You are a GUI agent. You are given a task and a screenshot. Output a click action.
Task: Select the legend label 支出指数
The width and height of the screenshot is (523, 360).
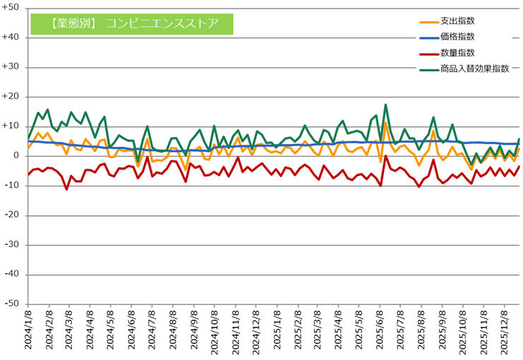454,21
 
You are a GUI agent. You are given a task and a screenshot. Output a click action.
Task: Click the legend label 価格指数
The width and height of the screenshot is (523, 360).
454,37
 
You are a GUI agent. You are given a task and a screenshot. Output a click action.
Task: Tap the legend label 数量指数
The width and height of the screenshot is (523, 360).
454,53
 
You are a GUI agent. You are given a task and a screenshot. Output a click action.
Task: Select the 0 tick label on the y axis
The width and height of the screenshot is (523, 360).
15,156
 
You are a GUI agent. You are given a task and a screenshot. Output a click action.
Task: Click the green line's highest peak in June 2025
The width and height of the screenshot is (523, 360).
386,105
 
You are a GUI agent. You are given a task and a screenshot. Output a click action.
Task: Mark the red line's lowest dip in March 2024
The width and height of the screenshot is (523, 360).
66,189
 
